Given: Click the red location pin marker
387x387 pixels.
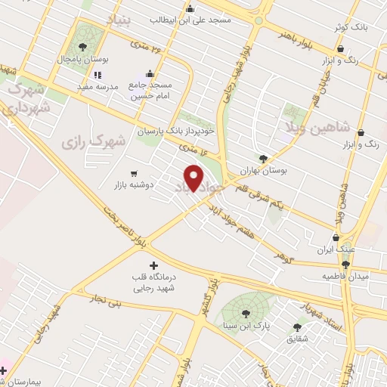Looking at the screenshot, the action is point(194,178).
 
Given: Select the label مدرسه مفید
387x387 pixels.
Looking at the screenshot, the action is point(98,87).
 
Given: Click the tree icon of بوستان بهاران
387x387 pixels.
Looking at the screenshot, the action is point(263,159).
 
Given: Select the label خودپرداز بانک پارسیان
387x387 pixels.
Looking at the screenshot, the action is point(175,131).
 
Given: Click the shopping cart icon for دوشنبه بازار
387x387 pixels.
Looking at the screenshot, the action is point(135,172).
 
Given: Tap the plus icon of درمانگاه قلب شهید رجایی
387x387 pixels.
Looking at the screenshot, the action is point(154,266).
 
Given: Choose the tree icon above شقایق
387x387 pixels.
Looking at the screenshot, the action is point(296,327).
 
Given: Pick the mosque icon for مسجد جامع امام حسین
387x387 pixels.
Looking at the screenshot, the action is point(150,74).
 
